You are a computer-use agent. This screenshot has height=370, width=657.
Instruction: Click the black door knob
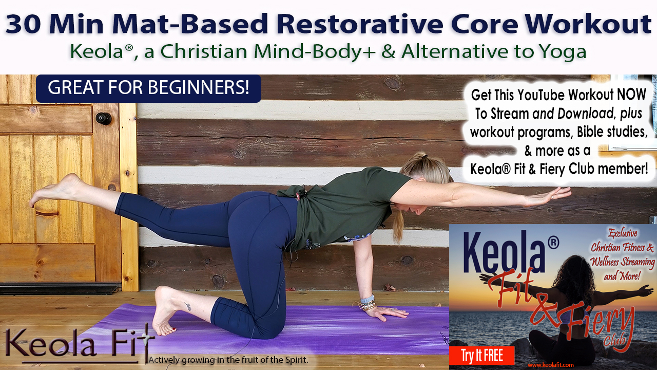pos(104,118)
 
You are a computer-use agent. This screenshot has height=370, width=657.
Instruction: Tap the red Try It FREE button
pos(481,356)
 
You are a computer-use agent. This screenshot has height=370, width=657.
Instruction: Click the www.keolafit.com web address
pos(551,365)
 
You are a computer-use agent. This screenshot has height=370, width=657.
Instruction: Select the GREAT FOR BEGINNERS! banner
pos(148,88)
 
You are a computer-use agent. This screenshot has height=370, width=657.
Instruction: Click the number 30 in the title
pos(23,24)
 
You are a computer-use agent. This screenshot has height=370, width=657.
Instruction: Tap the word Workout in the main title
pos(588,24)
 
